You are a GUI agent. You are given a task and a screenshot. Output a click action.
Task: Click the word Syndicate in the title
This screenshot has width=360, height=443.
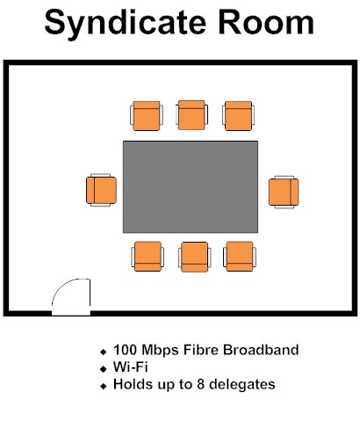pyautogui.click(x=126, y=24)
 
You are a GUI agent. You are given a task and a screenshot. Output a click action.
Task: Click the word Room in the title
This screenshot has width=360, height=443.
pyautogui.click(x=266, y=22)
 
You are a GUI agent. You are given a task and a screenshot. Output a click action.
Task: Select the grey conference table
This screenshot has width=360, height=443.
pyautogui.click(x=191, y=187)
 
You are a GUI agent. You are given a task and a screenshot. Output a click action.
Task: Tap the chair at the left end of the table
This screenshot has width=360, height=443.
pyautogui.click(x=101, y=190)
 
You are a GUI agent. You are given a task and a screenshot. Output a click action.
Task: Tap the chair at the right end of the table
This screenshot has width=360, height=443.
pyautogui.click(x=284, y=192)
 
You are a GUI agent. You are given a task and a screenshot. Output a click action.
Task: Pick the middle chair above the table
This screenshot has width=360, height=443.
pyautogui.click(x=191, y=115)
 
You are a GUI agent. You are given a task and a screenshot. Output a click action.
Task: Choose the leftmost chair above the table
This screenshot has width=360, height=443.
pyautogui.click(x=147, y=116)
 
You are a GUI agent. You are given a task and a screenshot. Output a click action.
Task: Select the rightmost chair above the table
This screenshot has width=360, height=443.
pyautogui.click(x=239, y=116)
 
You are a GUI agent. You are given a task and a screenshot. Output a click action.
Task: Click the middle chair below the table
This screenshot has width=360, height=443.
pyautogui.click(x=195, y=257)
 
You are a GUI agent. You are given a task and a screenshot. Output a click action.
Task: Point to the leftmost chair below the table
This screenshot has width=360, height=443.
pyautogui.click(x=148, y=257)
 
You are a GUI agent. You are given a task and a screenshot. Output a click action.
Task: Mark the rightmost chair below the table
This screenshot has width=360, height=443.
pyautogui.click(x=240, y=257)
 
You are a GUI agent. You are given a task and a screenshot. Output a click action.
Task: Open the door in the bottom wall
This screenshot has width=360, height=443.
pyautogui.click(x=71, y=297)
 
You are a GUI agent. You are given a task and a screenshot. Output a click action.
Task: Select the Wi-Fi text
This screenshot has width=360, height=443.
pyautogui.click(x=131, y=367)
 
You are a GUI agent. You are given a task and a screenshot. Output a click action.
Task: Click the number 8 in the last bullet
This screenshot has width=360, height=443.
pyautogui.click(x=200, y=384)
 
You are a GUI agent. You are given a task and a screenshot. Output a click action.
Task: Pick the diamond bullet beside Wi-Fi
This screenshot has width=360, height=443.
pyautogui.click(x=103, y=369)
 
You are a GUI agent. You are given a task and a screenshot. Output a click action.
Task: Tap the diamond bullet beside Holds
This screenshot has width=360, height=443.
pyautogui.click(x=103, y=387)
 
